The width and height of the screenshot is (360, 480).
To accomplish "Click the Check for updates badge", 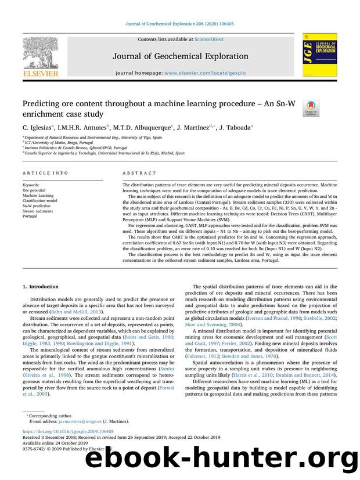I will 311,108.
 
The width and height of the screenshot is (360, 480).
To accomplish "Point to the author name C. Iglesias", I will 38,127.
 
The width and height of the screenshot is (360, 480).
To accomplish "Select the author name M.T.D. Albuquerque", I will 143,127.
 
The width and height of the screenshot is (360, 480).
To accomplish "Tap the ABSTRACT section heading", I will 139,173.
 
